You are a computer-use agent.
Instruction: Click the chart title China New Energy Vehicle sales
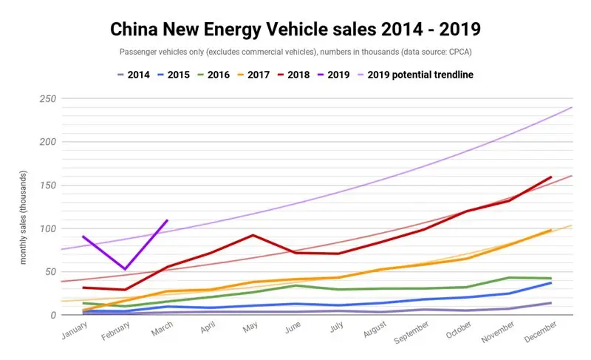(295, 30)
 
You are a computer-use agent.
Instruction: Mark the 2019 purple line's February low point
(125, 269)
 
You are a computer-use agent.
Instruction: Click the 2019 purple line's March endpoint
(168, 220)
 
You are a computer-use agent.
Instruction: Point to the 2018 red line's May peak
(253, 235)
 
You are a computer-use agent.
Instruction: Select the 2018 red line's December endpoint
(551, 177)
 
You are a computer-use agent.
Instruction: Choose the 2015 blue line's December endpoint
(551, 283)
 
